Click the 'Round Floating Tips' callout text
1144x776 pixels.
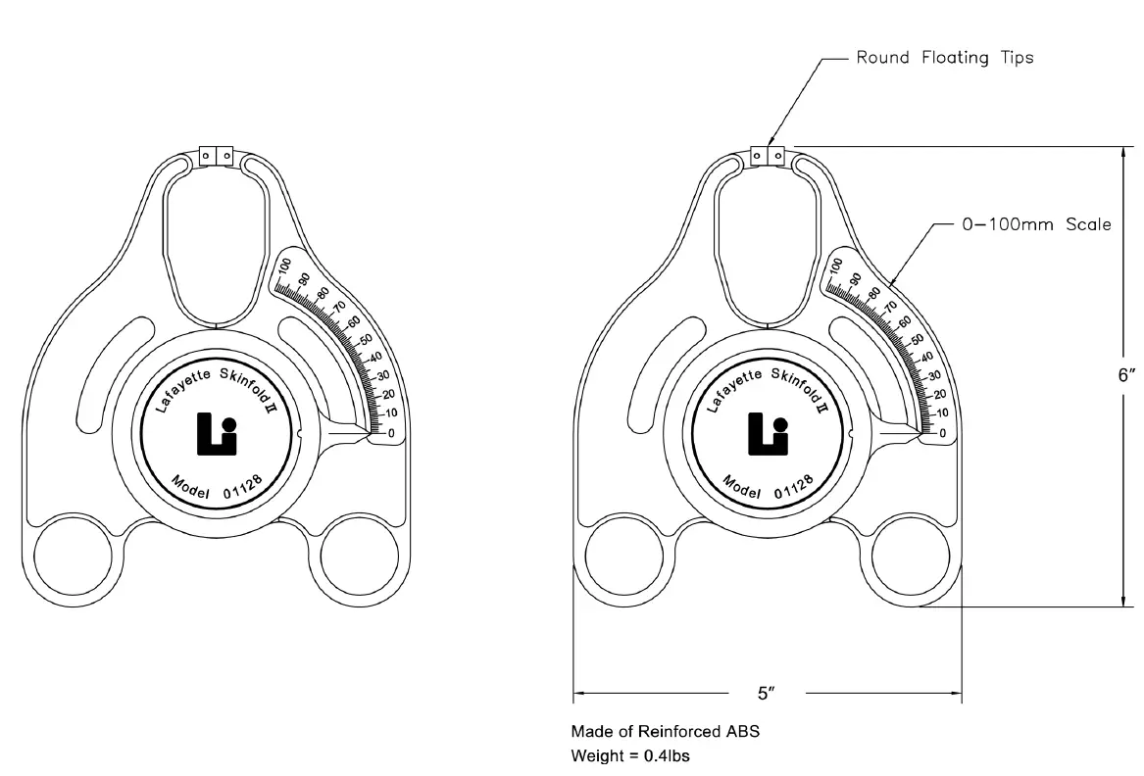coord(944,58)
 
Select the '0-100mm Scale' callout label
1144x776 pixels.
coord(1034,224)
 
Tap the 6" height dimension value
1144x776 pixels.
coord(1126,374)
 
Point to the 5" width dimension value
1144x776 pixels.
coord(766,693)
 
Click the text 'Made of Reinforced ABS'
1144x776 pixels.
coord(665,731)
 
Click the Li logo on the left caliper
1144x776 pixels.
coord(217,433)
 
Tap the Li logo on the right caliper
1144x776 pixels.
coord(768,433)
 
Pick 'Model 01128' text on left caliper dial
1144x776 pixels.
coord(217,485)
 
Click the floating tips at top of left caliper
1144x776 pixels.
coord(216,156)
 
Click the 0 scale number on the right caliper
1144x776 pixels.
coord(942,433)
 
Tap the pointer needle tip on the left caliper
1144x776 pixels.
coord(371,430)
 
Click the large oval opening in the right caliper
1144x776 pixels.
coord(768,245)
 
